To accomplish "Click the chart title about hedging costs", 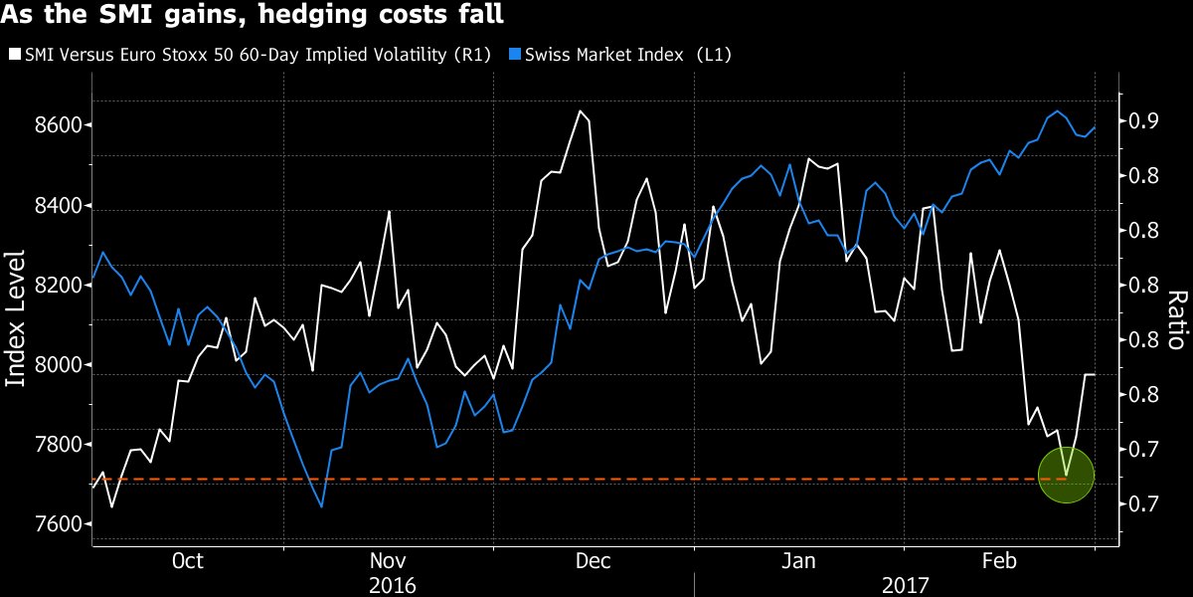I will click(254, 16).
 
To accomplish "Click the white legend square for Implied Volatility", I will click(13, 55).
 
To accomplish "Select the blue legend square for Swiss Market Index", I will click(514, 55).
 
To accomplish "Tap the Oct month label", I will click(187, 561).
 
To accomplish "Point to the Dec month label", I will click(594, 561).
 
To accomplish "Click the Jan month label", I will click(799, 561).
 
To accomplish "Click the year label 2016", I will click(392, 584).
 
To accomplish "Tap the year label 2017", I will click(905, 584).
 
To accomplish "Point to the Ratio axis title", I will click(1176, 319).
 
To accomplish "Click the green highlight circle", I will click(1066, 475).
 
